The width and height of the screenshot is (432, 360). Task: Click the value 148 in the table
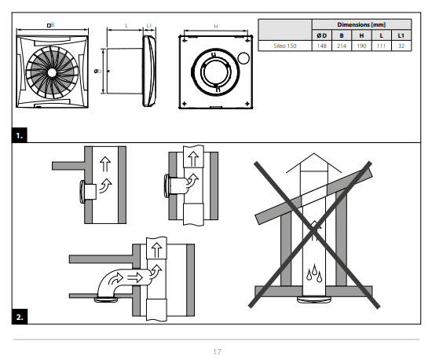click(320, 46)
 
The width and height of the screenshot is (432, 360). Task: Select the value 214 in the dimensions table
click(341, 46)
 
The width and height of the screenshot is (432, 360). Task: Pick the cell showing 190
click(361, 46)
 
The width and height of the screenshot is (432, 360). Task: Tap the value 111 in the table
click(382, 46)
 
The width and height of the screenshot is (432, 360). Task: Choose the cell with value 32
click(401, 46)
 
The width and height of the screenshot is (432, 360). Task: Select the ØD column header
click(320, 35)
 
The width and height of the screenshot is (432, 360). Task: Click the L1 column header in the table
click(401, 35)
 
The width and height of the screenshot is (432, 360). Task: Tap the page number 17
click(216, 351)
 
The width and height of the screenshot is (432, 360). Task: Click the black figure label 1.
click(20, 136)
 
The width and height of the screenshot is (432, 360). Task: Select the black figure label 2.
click(20, 318)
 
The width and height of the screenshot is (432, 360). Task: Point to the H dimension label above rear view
click(216, 27)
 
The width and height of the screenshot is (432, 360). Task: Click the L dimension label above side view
click(126, 26)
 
